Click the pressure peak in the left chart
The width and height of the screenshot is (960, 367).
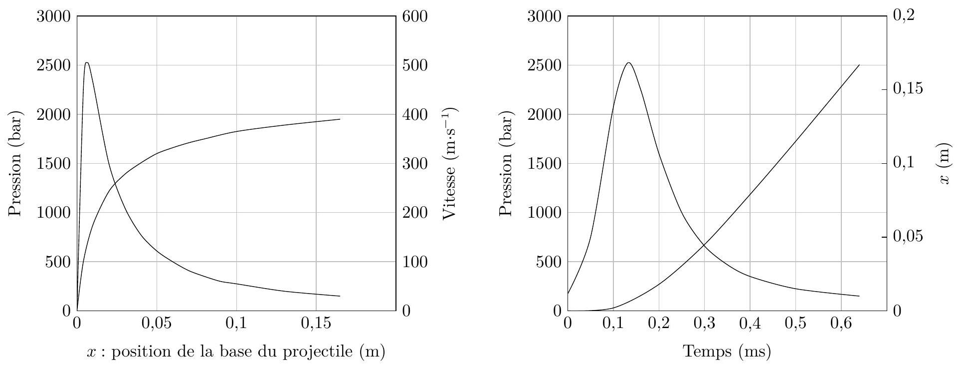point(87,63)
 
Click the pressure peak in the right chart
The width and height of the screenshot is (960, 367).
point(628,63)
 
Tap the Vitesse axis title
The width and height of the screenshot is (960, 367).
point(450,163)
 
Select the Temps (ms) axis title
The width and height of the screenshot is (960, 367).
point(727,352)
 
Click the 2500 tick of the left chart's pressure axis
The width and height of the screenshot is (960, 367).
point(54,65)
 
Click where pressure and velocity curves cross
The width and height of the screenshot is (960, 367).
point(115,184)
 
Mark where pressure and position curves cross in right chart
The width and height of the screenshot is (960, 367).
point(704,245)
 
